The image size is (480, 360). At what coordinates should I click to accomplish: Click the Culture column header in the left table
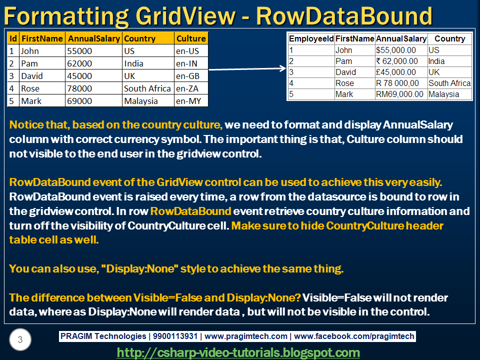pyautogui.click(x=191, y=38)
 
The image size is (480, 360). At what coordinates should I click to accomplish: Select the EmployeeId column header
pyautogui.click(x=311, y=38)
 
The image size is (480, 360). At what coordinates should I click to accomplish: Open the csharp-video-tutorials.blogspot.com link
pyautogui.click(x=238, y=352)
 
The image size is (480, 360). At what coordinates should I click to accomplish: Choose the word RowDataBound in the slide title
pyautogui.click(x=344, y=16)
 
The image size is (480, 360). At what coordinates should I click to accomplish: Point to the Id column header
pyautogui.click(x=13, y=38)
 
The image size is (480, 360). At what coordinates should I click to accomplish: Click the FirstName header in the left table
pyautogui.click(x=42, y=38)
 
